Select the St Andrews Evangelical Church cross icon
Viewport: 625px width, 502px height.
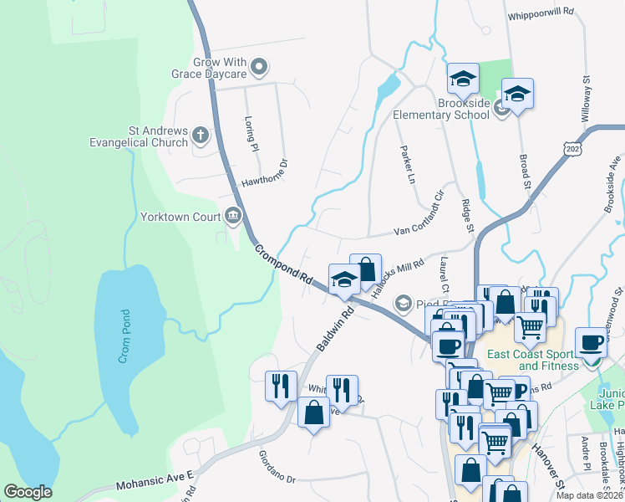click(x=199, y=134)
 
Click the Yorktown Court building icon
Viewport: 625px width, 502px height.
click(x=233, y=217)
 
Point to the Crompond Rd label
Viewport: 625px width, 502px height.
click(x=283, y=264)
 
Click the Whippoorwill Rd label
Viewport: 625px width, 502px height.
click(x=541, y=13)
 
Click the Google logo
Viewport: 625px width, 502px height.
click(x=28, y=492)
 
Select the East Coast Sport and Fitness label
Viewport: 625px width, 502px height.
click(x=548, y=360)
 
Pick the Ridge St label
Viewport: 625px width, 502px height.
click(x=468, y=216)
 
